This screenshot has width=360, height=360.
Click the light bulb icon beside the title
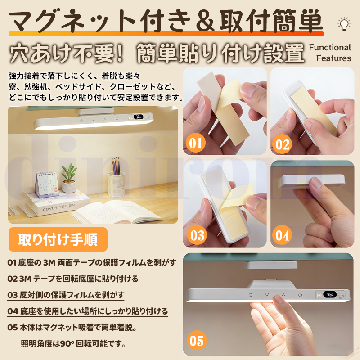344,24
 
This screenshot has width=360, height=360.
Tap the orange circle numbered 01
196,143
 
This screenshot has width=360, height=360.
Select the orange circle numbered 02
282,144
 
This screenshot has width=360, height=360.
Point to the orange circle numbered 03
197,235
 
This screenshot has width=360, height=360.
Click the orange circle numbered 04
282,235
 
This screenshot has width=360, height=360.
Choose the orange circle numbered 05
197,340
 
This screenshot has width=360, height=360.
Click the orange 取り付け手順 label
58,239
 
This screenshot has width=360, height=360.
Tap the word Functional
330,48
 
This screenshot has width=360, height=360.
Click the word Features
333,58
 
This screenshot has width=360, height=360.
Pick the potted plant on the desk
69,178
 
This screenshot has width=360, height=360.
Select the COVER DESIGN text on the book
59,207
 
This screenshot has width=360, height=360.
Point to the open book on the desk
117,211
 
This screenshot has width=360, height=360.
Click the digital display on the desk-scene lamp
139,117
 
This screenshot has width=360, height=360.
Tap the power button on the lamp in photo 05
300,295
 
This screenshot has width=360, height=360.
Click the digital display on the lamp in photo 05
330,294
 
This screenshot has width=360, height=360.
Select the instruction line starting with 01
92,262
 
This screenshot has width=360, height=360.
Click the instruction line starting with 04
87,311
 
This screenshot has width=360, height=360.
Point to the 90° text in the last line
67,343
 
